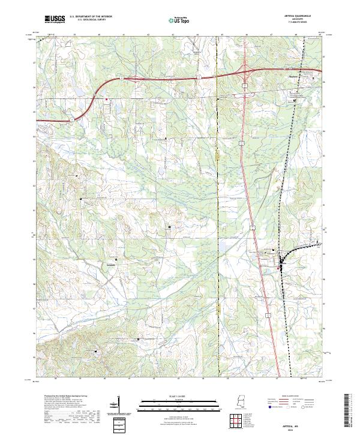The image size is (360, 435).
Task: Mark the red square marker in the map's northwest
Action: [106, 100]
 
